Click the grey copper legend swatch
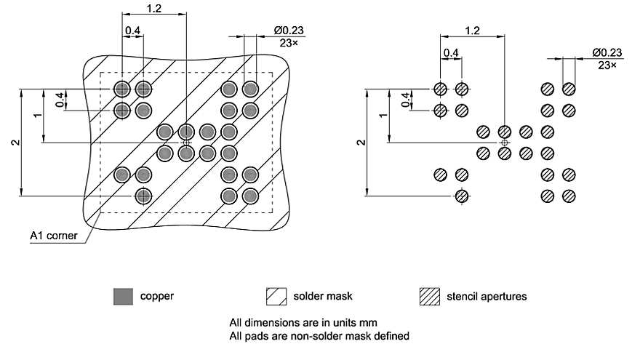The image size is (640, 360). pyautogui.click(x=122, y=296)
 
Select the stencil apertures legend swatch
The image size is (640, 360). pyautogui.click(x=430, y=296)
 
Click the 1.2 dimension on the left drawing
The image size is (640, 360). pyautogui.click(x=154, y=7)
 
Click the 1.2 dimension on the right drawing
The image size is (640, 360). pyautogui.click(x=472, y=31)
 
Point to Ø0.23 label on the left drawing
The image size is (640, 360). pyautogui.click(x=289, y=31)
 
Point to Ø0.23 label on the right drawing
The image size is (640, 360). pyautogui.click(x=607, y=52)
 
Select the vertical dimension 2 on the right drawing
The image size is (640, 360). pyautogui.click(x=361, y=143)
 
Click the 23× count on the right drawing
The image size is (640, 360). pyautogui.click(x=607, y=65)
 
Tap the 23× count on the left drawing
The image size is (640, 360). pyautogui.click(x=289, y=43)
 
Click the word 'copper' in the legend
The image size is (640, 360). pyautogui.click(x=156, y=297)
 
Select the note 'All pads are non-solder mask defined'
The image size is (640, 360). pyautogui.click(x=319, y=336)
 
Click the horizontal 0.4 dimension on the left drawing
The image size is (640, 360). pyautogui.click(x=133, y=31)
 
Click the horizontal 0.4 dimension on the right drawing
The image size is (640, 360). pyautogui.click(x=451, y=52)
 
